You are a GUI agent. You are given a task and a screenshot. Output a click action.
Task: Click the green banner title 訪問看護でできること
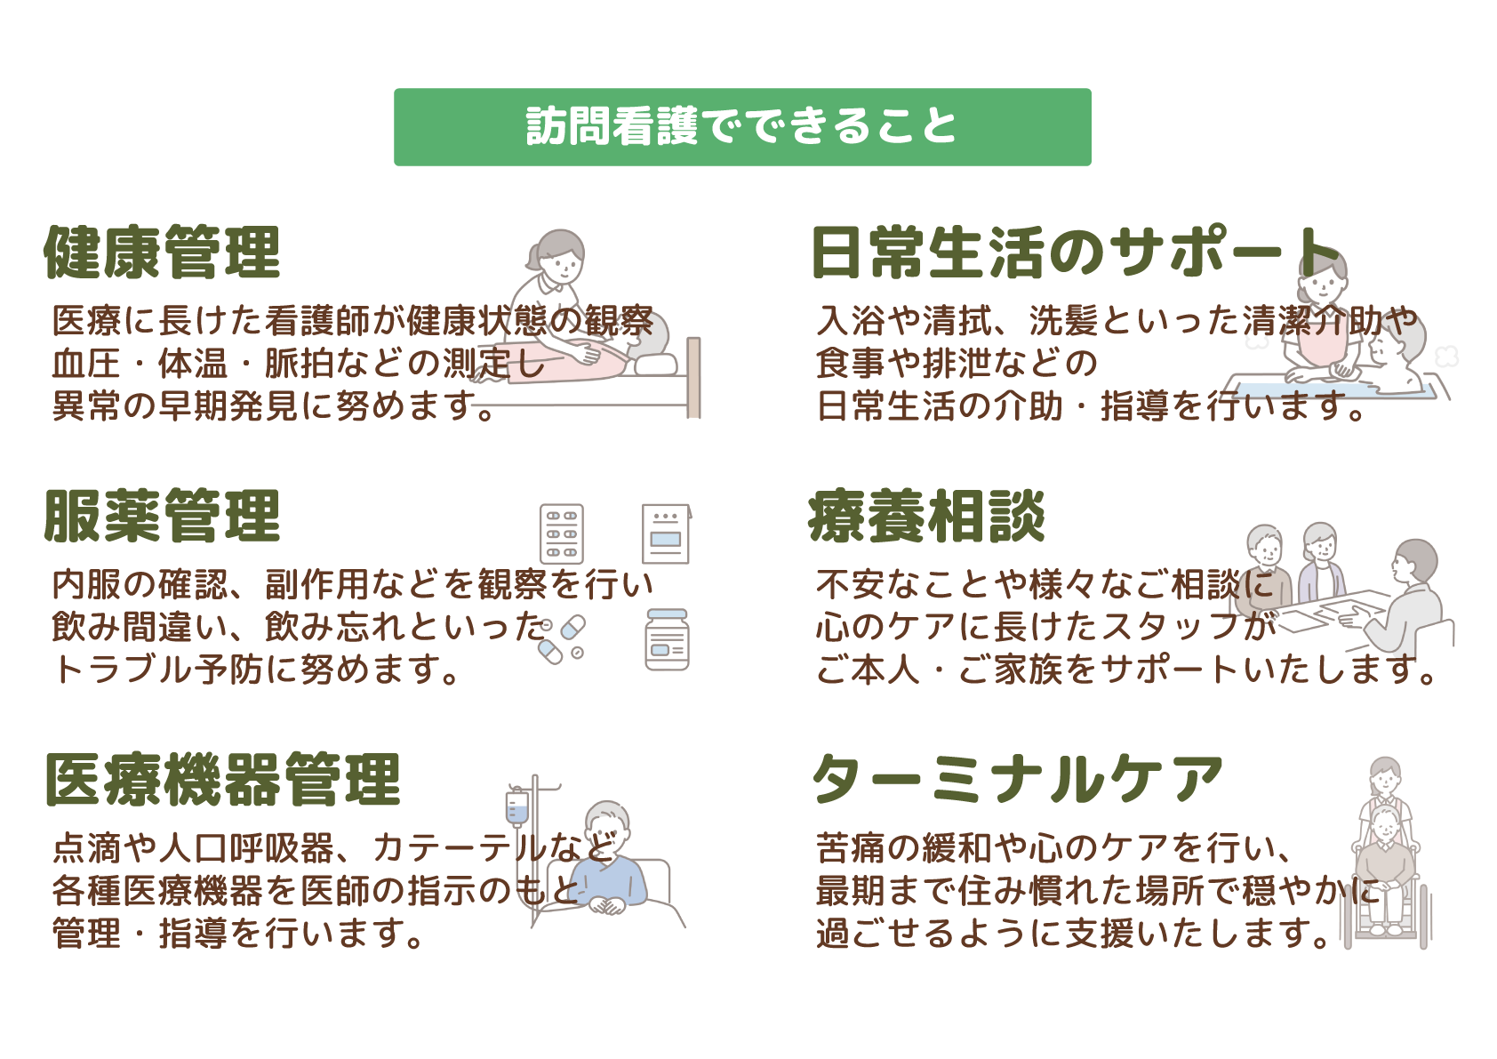(741, 126)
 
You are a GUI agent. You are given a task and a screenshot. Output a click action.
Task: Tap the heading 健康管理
(163, 253)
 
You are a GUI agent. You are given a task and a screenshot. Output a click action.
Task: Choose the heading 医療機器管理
(223, 780)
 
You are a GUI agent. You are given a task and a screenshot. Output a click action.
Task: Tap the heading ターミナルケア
(1018, 780)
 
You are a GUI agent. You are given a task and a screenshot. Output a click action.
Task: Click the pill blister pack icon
(562, 534)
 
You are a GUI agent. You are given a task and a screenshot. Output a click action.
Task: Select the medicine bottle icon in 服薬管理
(667, 639)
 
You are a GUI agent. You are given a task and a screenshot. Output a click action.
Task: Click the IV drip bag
(516, 807)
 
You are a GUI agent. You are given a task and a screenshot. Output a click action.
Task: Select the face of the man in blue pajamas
(610, 831)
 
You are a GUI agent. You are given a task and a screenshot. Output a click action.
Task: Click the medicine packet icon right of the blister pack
(667, 534)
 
